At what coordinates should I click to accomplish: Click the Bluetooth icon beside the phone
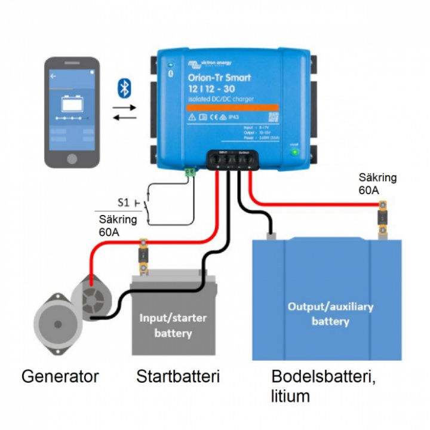[124, 88]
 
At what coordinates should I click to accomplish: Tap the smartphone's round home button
[72, 159]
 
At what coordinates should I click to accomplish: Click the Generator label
[60, 377]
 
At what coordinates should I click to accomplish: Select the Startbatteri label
[178, 377]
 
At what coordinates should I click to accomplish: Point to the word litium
[291, 395]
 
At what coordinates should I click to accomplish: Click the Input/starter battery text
[173, 325]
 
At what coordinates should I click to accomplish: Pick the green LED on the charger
[294, 152]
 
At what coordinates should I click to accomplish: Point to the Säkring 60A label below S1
[118, 226]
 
